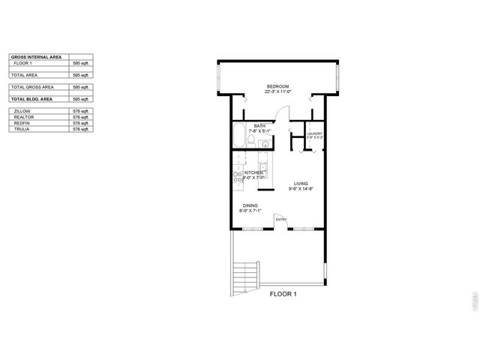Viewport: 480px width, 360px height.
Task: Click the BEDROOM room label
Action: (x=277, y=87)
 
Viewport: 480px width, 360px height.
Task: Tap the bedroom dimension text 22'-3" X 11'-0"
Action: (x=277, y=92)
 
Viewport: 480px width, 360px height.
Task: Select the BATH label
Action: (x=259, y=126)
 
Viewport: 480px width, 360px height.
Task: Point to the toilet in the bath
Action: (x=252, y=140)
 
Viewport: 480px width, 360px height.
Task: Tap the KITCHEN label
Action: (x=254, y=172)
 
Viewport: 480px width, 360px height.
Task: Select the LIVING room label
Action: (x=300, y=184)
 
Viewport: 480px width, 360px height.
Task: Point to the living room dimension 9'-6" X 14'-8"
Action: (x=300, y=189)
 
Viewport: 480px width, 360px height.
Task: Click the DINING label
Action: (x=250, y=206)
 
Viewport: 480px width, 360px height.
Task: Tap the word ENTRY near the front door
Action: (x=280, y=220)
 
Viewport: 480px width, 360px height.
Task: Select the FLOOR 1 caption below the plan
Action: (x=283, y=294)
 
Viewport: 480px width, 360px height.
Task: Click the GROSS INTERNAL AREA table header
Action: (x=36, y=57)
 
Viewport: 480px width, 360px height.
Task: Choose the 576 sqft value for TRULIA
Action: (x=80, y=129)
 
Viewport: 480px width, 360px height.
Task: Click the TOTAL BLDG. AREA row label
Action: (x=31, y=99)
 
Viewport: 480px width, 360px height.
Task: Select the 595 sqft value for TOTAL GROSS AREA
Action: (x=80, y=87)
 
